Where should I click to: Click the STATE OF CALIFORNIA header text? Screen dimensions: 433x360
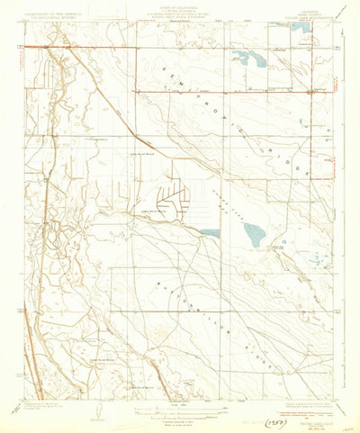180,5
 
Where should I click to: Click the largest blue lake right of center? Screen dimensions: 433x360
255,235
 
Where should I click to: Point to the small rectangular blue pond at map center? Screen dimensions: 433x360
210,233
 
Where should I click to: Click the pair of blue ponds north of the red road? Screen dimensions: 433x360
247,60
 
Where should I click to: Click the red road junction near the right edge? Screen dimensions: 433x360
310,91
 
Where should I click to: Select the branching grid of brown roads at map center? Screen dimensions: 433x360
175,201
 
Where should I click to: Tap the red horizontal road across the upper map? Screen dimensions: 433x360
225,91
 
